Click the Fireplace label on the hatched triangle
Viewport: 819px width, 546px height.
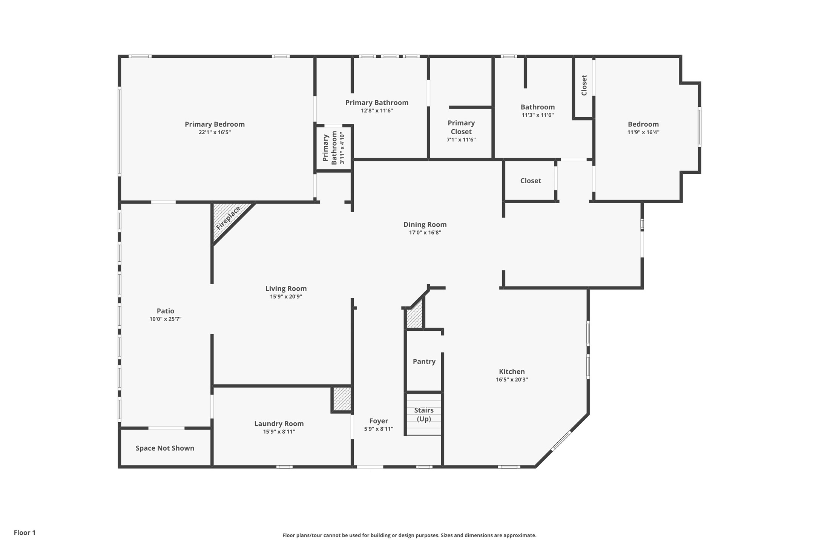(228, 218)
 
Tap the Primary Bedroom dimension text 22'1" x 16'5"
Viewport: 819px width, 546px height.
(215, 132)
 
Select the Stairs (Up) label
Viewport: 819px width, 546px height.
(424, 414)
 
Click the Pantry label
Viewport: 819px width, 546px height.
(424, 361)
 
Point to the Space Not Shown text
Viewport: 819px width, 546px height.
(165, 448)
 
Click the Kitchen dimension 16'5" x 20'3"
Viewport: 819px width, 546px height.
(512, 380)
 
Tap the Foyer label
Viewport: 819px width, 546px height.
(379, 421)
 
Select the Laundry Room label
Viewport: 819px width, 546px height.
(279, 423)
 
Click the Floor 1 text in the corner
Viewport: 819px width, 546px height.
(25, 532)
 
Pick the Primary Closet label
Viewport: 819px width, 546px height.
(461, 127)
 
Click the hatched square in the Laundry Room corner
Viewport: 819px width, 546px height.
(342, 399)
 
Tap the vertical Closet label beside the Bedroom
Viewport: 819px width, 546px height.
(584, 85)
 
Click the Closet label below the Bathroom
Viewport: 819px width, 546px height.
(531, 181)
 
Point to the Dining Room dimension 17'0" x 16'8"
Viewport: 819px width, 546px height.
(425, 233)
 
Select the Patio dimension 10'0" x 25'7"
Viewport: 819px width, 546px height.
(165, 319)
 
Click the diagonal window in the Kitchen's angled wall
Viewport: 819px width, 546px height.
(561, 441)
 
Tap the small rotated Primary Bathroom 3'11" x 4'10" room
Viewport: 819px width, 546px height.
(334, 148)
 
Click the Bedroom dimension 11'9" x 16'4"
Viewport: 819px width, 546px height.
(643, 132)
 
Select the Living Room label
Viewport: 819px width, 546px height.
(286, 288)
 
